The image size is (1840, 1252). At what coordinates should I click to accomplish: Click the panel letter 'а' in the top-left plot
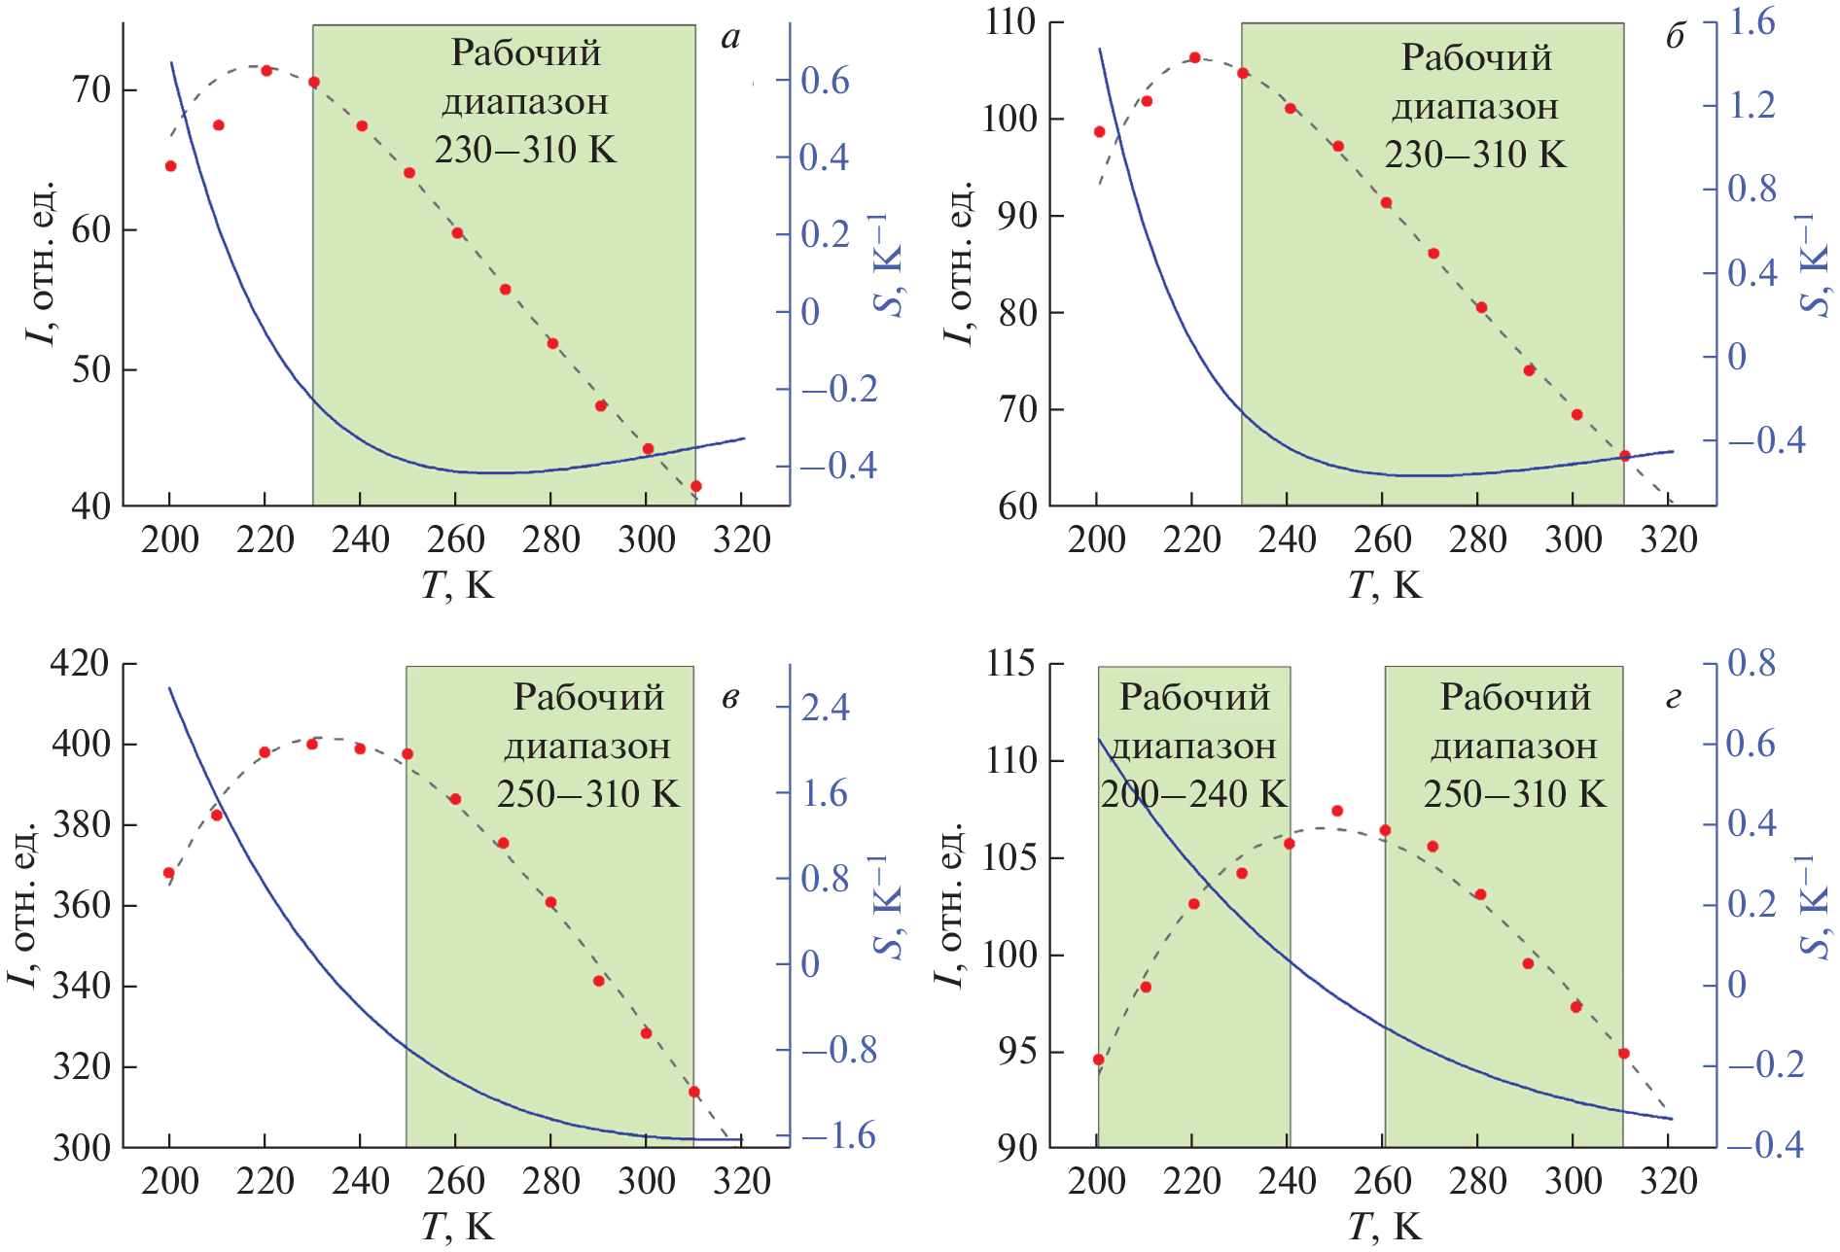(730, 39)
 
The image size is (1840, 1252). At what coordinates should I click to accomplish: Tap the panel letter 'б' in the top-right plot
(1675, 37)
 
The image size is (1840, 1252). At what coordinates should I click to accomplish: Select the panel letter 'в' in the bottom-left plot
(730, 698)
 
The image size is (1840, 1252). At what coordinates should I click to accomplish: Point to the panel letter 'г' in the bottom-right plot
(1674, 698)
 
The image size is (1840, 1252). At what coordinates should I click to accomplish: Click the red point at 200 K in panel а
(171, 166)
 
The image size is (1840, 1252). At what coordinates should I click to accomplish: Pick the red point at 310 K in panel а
(696, 486)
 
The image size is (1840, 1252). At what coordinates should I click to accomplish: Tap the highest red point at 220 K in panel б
(1195, 57)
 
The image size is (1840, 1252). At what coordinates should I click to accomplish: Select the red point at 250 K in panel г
(1337, 811)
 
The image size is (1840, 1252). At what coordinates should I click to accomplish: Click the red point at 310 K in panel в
(694, 1092)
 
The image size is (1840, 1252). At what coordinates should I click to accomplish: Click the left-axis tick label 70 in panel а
(91, 90)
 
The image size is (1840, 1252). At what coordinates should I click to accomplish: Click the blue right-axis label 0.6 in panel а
(825, 81)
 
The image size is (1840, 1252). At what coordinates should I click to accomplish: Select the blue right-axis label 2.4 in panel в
(825, 707)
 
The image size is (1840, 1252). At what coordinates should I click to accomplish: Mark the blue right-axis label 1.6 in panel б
(1751, 21)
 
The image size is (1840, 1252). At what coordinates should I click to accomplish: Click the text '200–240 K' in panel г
(1193, 794)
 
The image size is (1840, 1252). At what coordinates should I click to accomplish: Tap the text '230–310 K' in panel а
(525, 150)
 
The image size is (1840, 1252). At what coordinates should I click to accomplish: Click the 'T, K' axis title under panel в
(458, 1227)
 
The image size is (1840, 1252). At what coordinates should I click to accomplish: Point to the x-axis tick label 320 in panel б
(1669, 539)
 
